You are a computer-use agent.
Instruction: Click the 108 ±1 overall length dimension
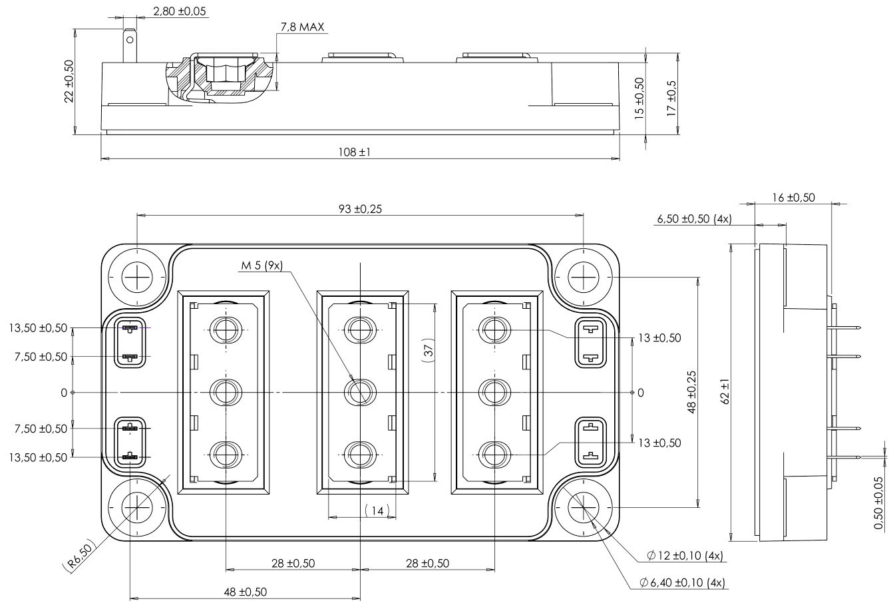(x=359, y=152)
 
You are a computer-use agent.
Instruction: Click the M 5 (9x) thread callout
(x=262, y=266)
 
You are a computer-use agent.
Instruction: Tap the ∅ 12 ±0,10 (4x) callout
(x=685, y=556)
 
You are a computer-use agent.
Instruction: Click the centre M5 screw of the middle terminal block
(x=359, y=392)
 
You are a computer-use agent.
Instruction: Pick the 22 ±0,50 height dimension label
(x=69, y=81)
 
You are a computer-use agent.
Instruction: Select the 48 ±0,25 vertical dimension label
(x=691, y=392)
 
